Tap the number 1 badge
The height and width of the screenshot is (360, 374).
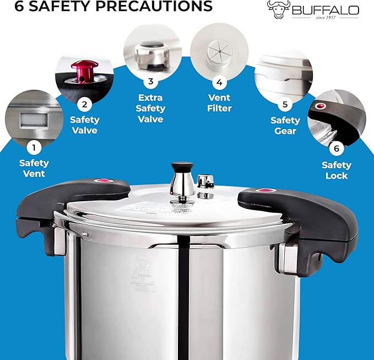34,147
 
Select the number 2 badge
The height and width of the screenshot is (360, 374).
84,104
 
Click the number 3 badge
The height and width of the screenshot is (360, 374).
150,82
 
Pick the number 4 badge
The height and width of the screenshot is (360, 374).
219,83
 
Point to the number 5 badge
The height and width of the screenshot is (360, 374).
285,104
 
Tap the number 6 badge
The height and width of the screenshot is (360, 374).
336,148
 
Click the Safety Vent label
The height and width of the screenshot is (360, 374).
34,168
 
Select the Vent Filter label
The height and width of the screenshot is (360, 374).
219,103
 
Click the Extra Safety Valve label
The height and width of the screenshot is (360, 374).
150,109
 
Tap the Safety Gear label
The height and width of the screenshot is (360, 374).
285,125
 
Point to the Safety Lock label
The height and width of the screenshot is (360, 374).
336,170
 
